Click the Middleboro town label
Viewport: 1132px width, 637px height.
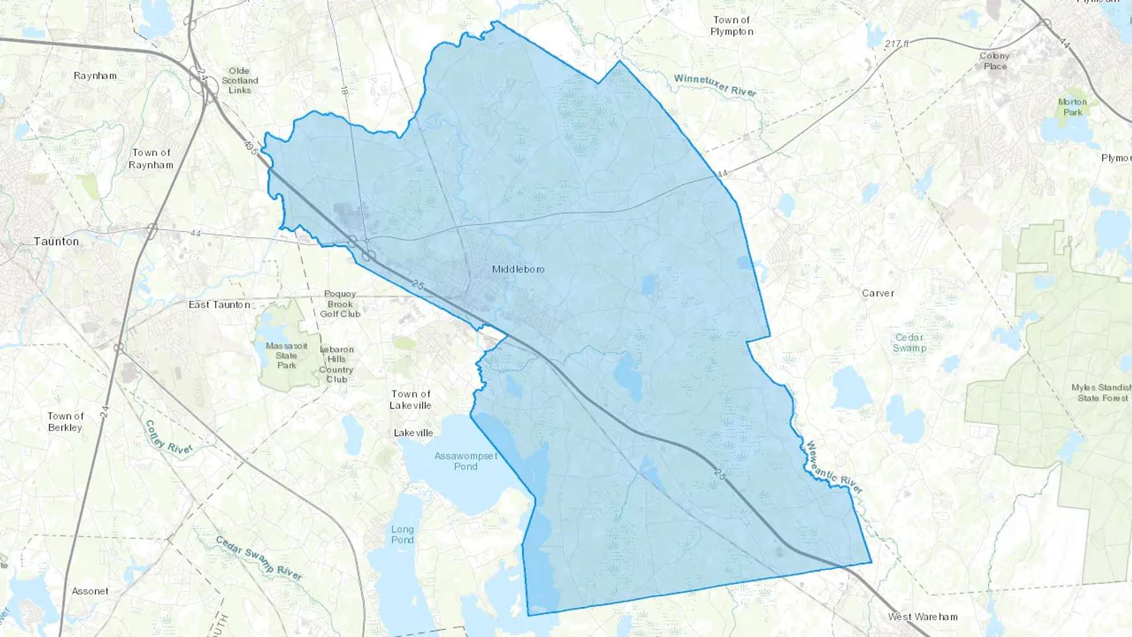518,269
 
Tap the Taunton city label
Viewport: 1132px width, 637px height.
57,241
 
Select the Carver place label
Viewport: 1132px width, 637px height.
878,293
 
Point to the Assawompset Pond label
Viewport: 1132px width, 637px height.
466,461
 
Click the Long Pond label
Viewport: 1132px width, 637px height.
402,535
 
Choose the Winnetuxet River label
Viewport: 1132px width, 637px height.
715,85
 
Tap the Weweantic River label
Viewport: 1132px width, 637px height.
834,467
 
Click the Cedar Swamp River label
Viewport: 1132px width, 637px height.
259,558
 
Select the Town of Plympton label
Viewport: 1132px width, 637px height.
732,26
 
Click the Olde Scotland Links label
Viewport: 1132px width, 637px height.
240,80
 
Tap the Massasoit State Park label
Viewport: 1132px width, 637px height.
287,355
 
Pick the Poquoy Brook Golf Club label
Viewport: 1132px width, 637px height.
340,304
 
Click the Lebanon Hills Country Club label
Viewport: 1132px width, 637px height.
336,364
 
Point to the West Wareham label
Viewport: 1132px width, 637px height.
923,617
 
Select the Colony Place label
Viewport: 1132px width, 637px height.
994,61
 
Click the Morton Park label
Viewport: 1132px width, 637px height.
1072,107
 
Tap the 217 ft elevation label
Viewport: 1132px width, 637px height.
897,44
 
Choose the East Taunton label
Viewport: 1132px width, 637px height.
219,304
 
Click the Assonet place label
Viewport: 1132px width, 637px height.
90,591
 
